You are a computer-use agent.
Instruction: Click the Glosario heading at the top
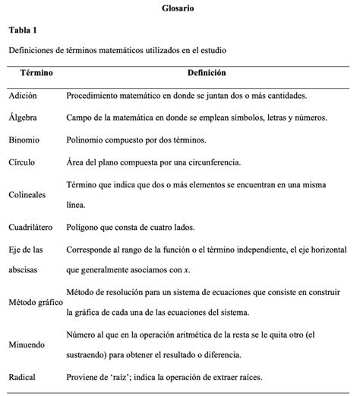(178, 8)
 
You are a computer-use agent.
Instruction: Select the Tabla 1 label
(24, 30)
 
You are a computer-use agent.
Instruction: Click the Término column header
(36, 73)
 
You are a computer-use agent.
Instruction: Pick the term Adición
(23, 96)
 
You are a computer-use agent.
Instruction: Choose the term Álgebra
(23, 118)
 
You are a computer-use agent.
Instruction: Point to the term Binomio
(24, 140)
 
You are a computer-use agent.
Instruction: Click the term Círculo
(22, 162)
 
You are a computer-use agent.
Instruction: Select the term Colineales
(28, 194)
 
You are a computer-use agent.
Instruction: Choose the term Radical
(23, 377)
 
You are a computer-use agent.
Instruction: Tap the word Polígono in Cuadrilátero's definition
(84, 227)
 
